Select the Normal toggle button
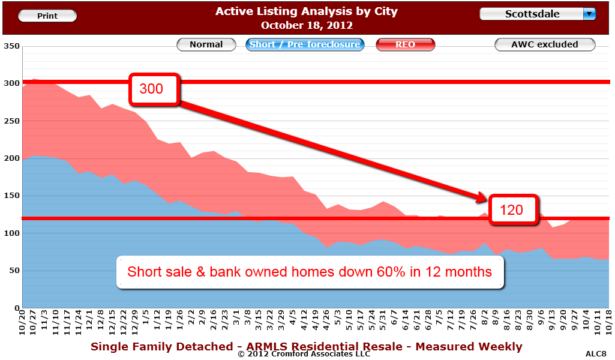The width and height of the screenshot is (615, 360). coord(206,44)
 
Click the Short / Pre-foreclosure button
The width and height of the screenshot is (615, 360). coord(305,44)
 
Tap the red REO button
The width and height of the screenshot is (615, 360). coord(405,44)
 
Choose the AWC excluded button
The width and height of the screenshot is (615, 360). coord(544,44)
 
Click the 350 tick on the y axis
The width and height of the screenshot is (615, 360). coord(11,46)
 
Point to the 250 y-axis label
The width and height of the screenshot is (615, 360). coord(11,121)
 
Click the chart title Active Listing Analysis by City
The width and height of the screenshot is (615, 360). coord(306,11)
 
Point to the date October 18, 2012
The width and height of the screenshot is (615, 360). coord(306,25)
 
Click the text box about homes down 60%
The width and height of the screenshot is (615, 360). coord(310,272)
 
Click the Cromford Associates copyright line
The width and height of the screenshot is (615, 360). coord(304,354)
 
